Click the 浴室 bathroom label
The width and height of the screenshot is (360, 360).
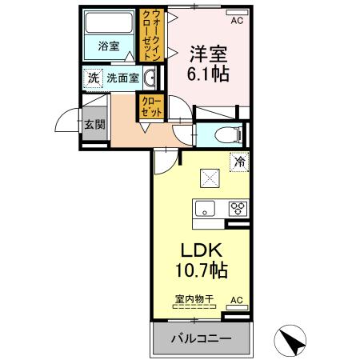108,46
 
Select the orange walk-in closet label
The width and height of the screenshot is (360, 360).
150,35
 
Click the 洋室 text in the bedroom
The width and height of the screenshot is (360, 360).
207,55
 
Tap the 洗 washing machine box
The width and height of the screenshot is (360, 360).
93,78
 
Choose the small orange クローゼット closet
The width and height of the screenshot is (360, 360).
150,106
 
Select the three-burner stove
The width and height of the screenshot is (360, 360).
238,210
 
